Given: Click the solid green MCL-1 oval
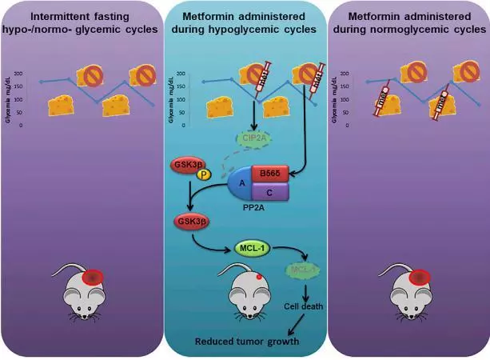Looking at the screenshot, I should click(x=252, y=249).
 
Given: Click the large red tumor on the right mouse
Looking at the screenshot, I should click(x=420, y=277).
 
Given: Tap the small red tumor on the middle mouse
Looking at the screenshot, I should click(x=260, y=278).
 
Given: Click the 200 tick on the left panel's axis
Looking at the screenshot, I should click(x=30, y=74).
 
